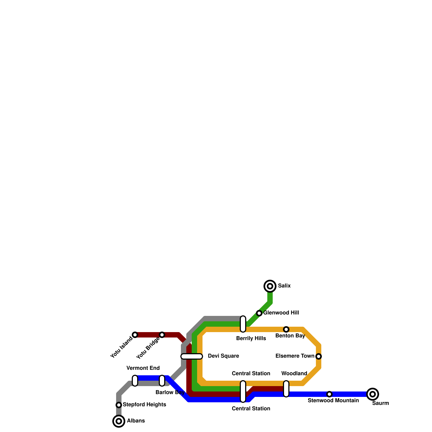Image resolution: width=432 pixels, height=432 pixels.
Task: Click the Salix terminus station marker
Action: click(x=270, y=286)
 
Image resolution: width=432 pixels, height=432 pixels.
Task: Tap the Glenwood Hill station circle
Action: click(x=259, y=313)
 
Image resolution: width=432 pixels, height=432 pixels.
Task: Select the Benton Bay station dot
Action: click(x=286, y=329)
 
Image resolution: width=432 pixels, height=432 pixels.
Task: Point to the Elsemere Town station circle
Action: click(x=319, y=356)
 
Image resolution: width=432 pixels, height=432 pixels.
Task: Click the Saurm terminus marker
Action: click(x=373, y=394)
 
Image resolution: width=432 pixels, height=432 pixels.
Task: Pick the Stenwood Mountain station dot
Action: click(x=329, y=394)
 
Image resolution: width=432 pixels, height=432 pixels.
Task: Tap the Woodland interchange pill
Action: click(x=286, y=389)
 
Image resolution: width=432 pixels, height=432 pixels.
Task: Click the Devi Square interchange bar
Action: click(x=192, y=356)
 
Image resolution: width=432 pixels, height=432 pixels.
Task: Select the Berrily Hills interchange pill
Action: click(x=243, y=324)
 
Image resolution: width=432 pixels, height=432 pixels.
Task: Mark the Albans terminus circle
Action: click(x=119, y=421)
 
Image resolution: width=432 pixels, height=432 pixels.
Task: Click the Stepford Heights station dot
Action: click(x=119, y=405)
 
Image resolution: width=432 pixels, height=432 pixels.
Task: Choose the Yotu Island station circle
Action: click(x=135, y=335)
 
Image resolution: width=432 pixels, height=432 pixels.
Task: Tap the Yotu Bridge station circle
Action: click(x=162, y=335)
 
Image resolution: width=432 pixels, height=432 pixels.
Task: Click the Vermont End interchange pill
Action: click(x=135, y=381)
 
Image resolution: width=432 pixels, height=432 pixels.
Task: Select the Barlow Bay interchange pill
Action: click(x=162, y=381)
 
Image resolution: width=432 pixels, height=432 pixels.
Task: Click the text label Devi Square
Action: click(x=223, y=356)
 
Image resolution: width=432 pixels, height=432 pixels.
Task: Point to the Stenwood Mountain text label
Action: click(x=333, y=401)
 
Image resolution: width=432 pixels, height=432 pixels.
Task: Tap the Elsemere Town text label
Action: click(x=295, y=356)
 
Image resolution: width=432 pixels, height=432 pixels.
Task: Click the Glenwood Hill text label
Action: click(x=281, y=313)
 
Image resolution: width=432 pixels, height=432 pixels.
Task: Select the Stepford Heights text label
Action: click(x=144, y=405)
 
